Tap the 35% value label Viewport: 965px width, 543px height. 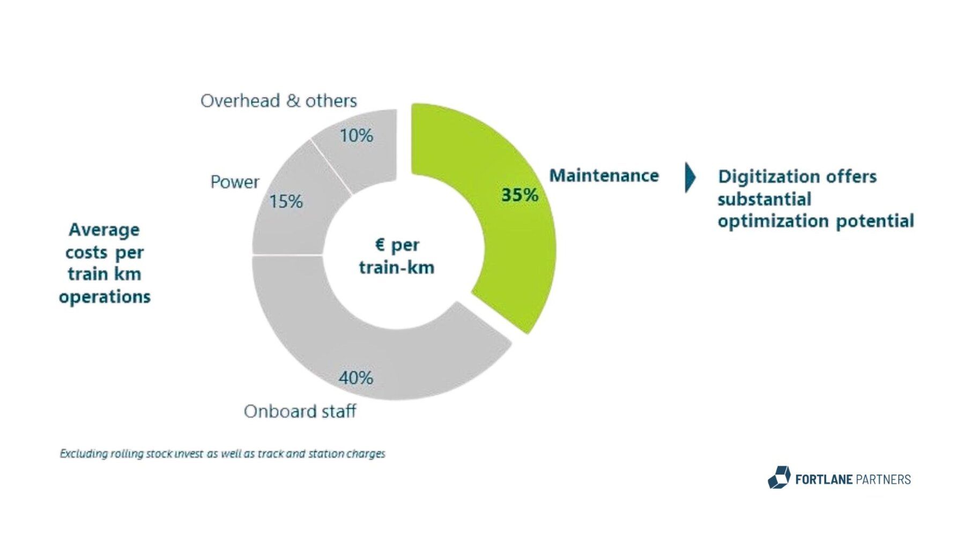519,195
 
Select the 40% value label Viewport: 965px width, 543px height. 355,378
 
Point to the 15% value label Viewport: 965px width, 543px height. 286,202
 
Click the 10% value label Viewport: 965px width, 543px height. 356,136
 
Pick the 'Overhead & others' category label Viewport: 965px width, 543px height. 278,101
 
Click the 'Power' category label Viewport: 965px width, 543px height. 234,182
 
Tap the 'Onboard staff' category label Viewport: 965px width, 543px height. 300,411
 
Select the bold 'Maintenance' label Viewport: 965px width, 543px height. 604,175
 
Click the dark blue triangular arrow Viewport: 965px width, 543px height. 689,177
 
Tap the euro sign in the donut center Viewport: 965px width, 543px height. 380,244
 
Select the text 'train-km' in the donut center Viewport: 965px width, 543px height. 396,267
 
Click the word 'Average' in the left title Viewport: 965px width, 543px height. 104,229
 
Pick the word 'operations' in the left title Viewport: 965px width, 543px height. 105,296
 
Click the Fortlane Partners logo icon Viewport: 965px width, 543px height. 779,478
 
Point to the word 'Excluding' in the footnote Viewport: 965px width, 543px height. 83,453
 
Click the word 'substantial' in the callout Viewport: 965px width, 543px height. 764,199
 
